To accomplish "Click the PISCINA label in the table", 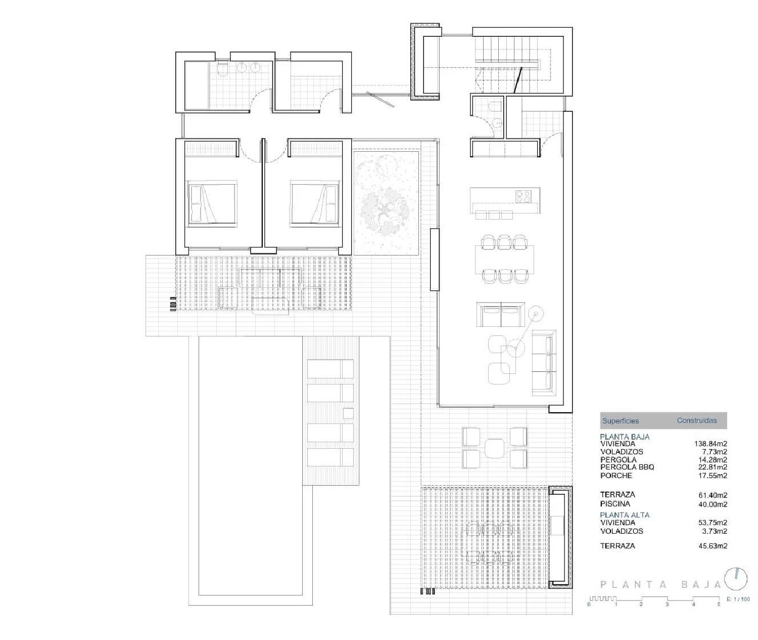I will pyautogui.click(x=615, y=504).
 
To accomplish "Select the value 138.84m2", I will pyautogui.click(x=710, y=444).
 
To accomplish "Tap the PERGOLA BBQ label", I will pyautogui.click(x=627, y=467).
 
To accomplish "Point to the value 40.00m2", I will pyautogui.click(x=713, y=504).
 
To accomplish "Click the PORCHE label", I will pyautogui.click(x=616, y=476).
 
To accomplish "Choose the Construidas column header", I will pyautogui.click(x=696, y=420).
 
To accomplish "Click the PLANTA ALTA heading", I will pyautogui.click(x=625, y=515).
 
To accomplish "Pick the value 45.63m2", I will pyautogui.click(x=713, y=546).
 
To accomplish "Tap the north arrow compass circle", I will pyautogui.click(x=736, y=577).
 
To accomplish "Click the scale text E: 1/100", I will pyautogui.click(x=738, y=600).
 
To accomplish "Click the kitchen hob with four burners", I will pyautogui.click(x=524, y=196).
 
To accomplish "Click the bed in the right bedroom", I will pyautogui.click(x=314, y=203).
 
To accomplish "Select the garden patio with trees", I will pyautogui.click(x=387, y=202).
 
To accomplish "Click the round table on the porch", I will pyautogui.click(x=494, y=447).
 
